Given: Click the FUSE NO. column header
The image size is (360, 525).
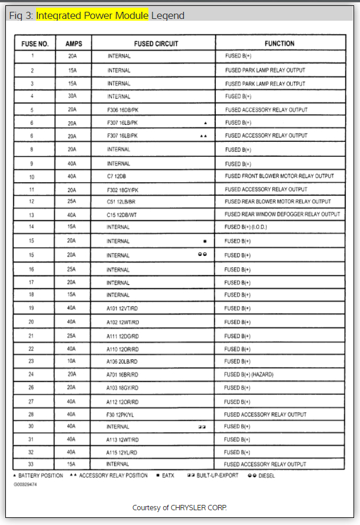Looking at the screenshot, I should [x=35, y=44].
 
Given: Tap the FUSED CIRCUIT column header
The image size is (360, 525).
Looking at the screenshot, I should [x=156, y=44].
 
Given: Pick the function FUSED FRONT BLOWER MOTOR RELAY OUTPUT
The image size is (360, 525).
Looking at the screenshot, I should [x=279, y=176].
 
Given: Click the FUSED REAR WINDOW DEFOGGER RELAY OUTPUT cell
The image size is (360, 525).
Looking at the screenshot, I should [x=282, y=215].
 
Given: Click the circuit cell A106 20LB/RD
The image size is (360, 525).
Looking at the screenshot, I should [x=122, y=361].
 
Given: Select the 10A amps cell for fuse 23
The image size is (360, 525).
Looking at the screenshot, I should [x=72, y=361].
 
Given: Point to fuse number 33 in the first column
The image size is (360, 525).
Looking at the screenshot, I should [x=31, y=465].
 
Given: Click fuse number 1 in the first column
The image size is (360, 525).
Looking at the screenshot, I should [x=32, y=56].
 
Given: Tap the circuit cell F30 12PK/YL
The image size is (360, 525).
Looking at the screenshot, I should [x=122, y=414].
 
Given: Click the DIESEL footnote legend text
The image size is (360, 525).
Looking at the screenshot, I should [x=261, y=476].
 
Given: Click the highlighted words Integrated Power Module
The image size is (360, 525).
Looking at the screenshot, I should [x=92, y=16].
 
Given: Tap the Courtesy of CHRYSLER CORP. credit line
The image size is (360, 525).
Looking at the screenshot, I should [x=179, y=507].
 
